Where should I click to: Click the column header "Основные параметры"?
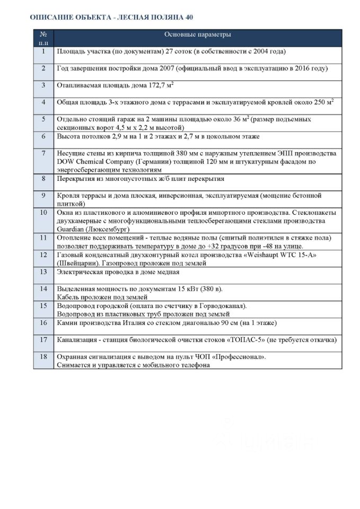197,34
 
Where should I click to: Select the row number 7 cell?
43,153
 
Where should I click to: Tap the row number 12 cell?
43,255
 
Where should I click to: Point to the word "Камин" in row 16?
67,322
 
